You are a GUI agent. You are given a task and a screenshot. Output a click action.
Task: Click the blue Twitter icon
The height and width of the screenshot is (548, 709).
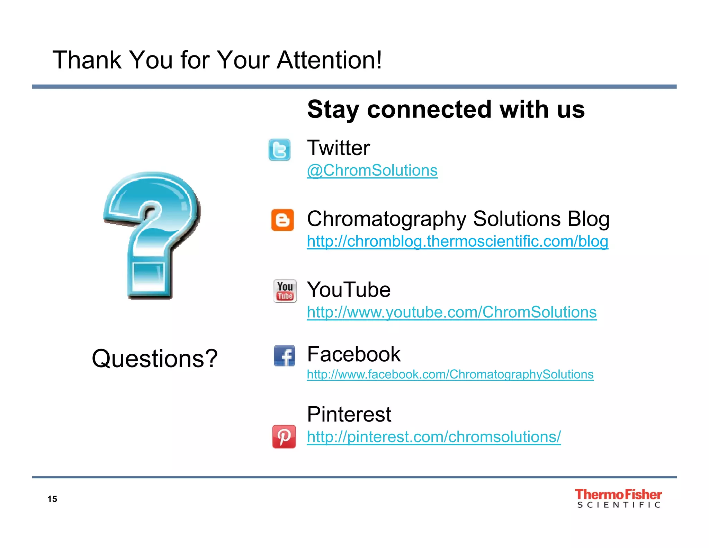(279, 150)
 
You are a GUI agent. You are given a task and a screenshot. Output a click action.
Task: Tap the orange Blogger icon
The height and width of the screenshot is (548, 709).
(282, 220)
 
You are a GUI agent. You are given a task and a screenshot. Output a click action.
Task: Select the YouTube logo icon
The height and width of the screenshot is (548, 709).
(285, 291)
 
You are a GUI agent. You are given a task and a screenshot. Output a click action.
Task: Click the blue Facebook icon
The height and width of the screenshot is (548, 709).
(285, 356)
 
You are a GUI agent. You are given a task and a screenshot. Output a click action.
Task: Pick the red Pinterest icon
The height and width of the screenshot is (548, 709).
(284, 436)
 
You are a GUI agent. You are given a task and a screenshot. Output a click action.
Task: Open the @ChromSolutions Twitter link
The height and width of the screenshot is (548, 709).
(372, 170)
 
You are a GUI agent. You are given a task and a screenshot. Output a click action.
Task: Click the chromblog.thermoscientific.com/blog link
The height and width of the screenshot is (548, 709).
(457, 241)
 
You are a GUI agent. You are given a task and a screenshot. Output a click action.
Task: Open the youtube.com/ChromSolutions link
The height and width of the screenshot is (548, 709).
(452, 312)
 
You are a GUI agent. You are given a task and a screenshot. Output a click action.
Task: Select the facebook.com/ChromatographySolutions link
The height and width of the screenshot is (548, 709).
(450, 374)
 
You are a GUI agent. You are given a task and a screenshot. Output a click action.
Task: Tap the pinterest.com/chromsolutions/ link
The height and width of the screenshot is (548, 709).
(434, 437)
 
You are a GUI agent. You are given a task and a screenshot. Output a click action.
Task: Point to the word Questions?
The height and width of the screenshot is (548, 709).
(155, 359)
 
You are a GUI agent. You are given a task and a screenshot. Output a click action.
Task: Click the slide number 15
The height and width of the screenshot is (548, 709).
(52, 499)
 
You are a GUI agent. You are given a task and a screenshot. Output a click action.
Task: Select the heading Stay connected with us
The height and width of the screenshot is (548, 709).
(446, 109)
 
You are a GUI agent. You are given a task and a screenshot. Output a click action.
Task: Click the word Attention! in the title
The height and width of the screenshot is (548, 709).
(329, 60)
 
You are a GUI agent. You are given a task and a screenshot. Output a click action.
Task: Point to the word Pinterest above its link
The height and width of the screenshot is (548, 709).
(349, 414)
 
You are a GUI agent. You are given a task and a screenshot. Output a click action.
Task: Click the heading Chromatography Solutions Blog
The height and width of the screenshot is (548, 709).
(458, 219)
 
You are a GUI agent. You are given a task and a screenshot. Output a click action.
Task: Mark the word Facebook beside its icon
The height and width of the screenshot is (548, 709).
(354, 354)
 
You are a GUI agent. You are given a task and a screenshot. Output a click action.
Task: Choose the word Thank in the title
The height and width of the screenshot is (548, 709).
(87, 60)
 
